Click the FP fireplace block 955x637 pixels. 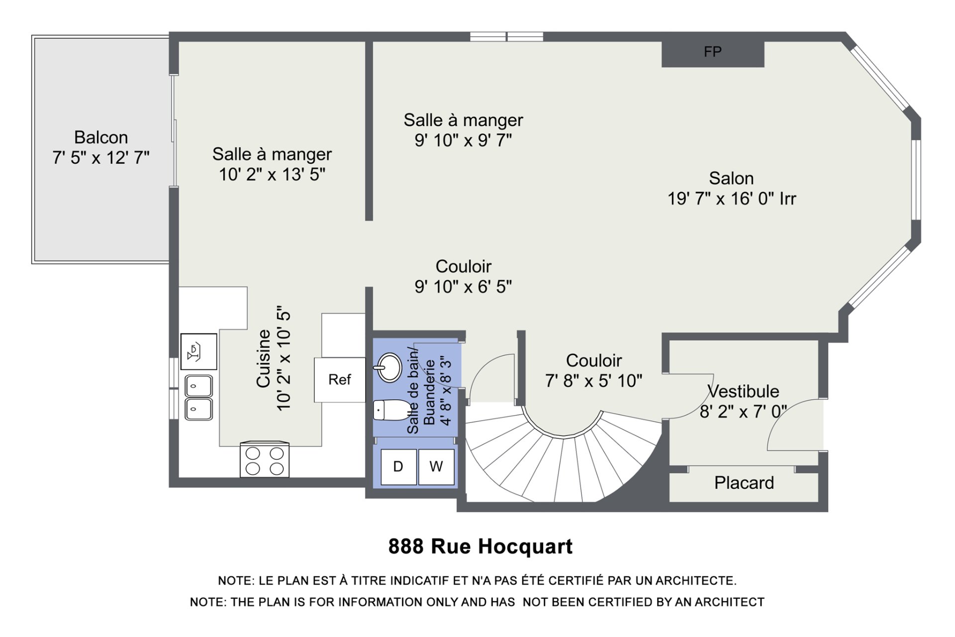[x=713, y=54]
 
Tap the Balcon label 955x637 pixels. [x=101, y=137]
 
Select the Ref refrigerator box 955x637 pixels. [x=340, y=380]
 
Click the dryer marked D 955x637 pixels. [x=398, y=467]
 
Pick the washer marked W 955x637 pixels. [x=436, y=467]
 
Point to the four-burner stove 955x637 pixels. [x=265, y=460]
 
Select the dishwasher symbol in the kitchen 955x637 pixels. [x=198, y=351]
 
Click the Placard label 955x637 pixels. [x=744, y=483]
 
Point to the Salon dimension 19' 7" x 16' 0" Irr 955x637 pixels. [x=732, y=199]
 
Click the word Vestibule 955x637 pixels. [x=744, y=391]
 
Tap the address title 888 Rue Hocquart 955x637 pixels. [x=480, y=546]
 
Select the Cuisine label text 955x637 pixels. [x=263, y=358]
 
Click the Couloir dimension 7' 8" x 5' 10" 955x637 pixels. [x=594, y=381]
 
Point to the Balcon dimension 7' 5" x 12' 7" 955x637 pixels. [x=101, y=158]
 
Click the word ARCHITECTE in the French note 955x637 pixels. [x=696, y=581]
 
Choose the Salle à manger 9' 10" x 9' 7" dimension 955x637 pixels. [x=464, y=140]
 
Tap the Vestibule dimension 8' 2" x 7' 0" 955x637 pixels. [x=744, y=412]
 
